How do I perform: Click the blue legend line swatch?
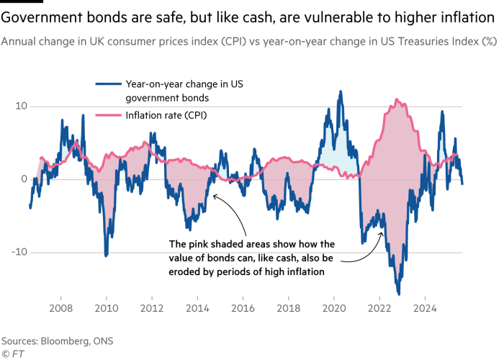(x=108, y=84)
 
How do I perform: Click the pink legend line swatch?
(x=108, y=114)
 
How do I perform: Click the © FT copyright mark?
(x=9, y=354)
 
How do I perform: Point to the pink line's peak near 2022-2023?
(x=397, y=99)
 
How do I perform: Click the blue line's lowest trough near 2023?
(x=399, y=294)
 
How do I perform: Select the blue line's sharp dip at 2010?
(x=106, y=256)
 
